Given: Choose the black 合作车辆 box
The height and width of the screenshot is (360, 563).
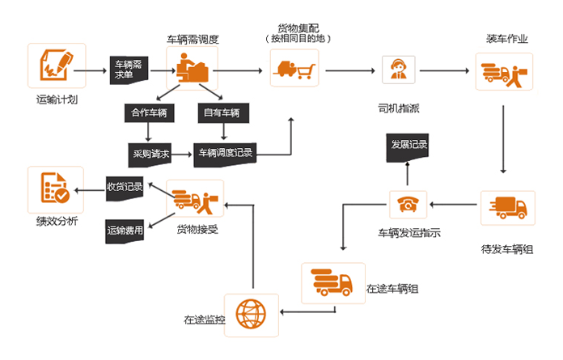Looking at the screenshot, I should pyautogui.click(x=146, y=112).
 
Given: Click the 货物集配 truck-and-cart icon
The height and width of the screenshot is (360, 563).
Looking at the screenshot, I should pyautogui.click(x=294, y=69).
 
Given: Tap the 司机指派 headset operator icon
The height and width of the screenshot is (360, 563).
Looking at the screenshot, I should pyautogui.click(x=398, y=70).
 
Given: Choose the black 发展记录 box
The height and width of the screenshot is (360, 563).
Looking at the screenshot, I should pyautogui.click(x=409, y=145).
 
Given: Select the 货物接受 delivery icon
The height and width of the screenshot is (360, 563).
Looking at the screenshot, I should pyautogui.click(x=194, y=199).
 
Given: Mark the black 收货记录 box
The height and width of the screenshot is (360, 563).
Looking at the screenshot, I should pyautogui.click(x=125, y=187).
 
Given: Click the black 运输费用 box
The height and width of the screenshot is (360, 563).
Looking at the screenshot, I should pyautogui.click(x=125, y=231).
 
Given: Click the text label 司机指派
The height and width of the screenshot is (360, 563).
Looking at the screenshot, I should pyautogui.click(x=398, y=107).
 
